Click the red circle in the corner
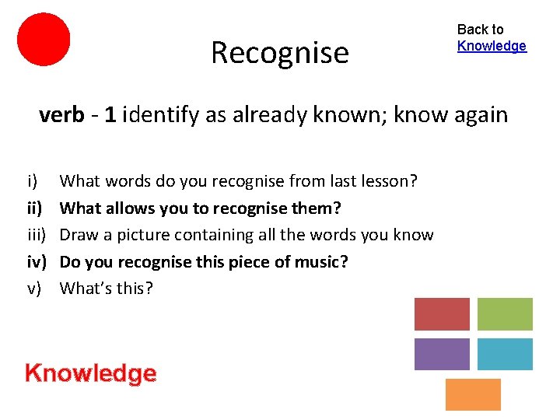tap(44, 39)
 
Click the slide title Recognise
tap(279, 53)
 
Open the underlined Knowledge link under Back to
tap(492, 46)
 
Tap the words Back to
tap(480, 30)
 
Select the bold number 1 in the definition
tap(111, 116)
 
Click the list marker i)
tap(33, 181)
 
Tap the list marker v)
tap(34, 289)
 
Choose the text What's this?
tap(107, 289)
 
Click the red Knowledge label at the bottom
tap(90, 373)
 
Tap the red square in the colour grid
tap(442, 314)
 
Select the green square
tap(505, 314)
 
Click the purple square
tap(442, 355)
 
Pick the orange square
tap(473, 394)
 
